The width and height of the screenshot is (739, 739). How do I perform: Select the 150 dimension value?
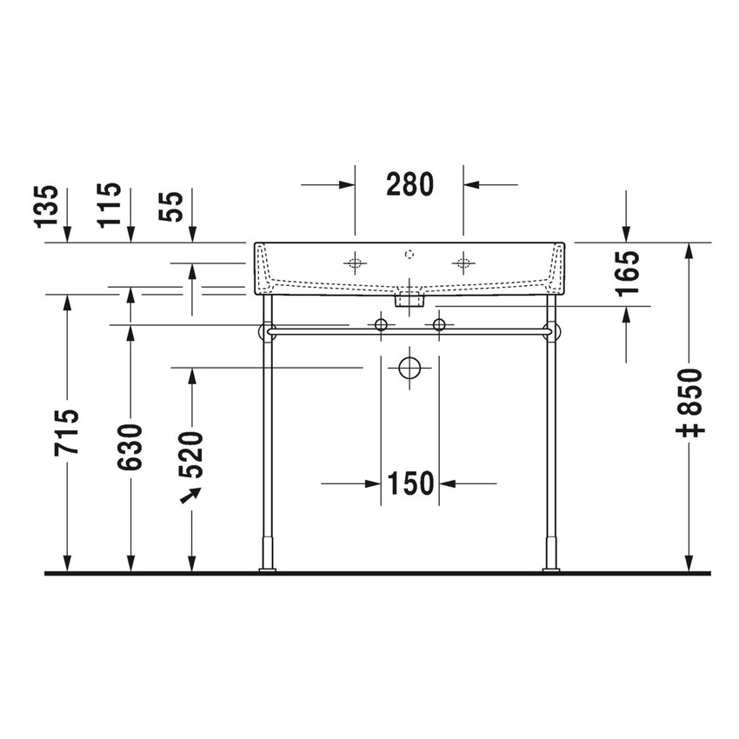409,483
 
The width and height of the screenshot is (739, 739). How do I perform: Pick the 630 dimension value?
131,448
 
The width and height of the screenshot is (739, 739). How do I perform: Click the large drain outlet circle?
409,368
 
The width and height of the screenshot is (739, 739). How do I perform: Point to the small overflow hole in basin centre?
409,255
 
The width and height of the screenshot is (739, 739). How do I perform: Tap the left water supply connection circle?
380,325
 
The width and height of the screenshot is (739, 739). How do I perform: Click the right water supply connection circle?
438,325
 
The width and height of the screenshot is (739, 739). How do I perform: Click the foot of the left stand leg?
267,569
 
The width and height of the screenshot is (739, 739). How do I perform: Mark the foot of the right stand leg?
550,569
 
